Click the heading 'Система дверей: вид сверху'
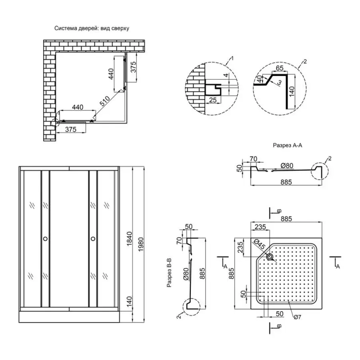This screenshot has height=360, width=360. [x=92, y=29]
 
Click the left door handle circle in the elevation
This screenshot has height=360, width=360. [x=45, y=239]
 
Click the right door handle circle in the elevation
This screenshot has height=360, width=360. [x=93, y=239]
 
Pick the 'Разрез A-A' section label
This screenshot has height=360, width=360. [x=289, y=146]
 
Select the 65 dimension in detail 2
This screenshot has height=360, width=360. [x=280, y=68]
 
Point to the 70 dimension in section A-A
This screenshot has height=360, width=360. [x=253, y=159]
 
